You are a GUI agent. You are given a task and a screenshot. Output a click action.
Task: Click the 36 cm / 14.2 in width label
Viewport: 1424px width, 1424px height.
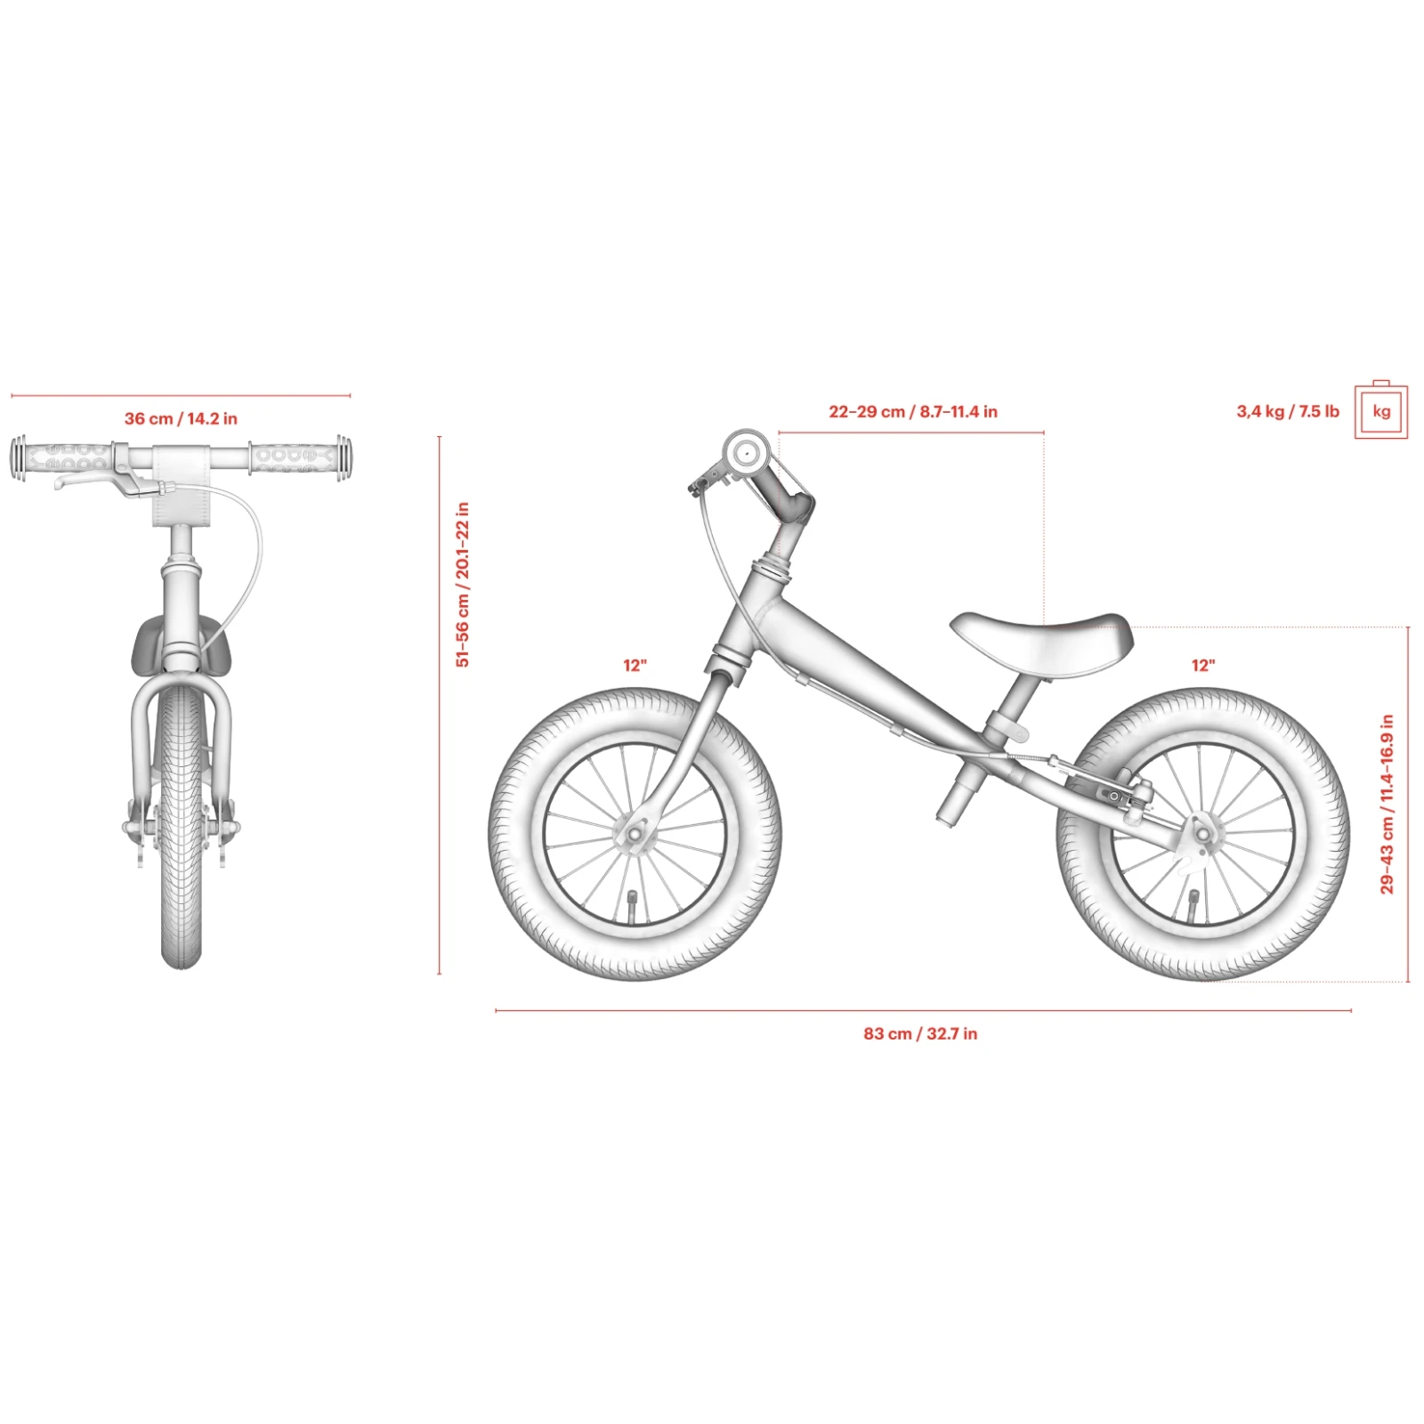(181, 418)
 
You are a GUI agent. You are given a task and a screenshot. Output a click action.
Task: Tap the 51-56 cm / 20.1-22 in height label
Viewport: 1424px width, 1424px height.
(462, 585)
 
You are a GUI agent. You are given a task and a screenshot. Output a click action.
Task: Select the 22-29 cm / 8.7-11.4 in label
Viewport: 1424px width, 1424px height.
(913, 412)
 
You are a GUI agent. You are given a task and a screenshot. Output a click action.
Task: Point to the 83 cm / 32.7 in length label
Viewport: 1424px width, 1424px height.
(920, 1033)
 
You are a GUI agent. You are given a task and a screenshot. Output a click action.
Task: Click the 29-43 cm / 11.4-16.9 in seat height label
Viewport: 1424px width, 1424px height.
(1387, 804)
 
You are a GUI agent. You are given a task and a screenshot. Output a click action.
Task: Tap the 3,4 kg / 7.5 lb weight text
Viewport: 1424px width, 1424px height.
(1288, 411)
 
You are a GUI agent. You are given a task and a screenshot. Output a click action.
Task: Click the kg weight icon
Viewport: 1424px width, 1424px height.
(1381, 409)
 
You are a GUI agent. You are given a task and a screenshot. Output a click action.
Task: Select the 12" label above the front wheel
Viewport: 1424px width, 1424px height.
(635, 665)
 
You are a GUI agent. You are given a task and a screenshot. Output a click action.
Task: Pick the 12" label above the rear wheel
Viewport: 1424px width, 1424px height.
(1203, 665)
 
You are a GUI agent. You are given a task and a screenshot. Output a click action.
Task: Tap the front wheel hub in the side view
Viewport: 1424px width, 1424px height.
(635, 835)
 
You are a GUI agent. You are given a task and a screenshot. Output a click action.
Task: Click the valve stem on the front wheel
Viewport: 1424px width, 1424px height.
(634, 902)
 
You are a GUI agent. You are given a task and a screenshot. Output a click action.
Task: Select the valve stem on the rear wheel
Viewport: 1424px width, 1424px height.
(1193, 902)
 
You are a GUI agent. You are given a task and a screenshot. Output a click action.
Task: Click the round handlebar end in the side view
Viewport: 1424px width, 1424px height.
(745, 454)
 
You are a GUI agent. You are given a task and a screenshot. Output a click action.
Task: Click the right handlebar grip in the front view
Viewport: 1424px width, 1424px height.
(299, 457)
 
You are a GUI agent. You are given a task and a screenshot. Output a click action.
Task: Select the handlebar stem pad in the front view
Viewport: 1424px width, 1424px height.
(182, 484)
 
